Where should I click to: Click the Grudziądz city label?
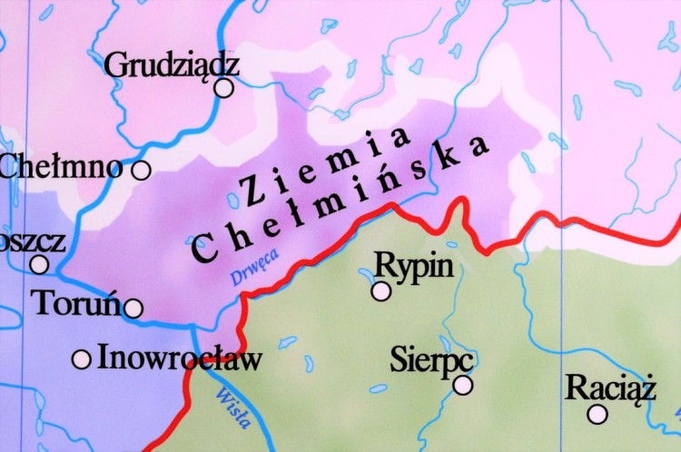pos(172,65)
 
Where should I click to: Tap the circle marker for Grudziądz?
pos(223,88)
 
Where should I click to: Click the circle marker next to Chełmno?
pos(141,170)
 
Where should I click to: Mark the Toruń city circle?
pos(133,309)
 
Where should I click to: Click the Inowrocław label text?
pos(179,358)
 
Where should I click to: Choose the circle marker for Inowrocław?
pos(82,359)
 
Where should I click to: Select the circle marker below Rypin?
pos(381,290)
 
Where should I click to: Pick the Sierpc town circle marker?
pos(463,385)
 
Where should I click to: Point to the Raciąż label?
pos(610,388)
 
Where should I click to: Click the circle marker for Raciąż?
pos(597,414)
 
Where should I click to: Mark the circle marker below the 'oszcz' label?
pos(39,264)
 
